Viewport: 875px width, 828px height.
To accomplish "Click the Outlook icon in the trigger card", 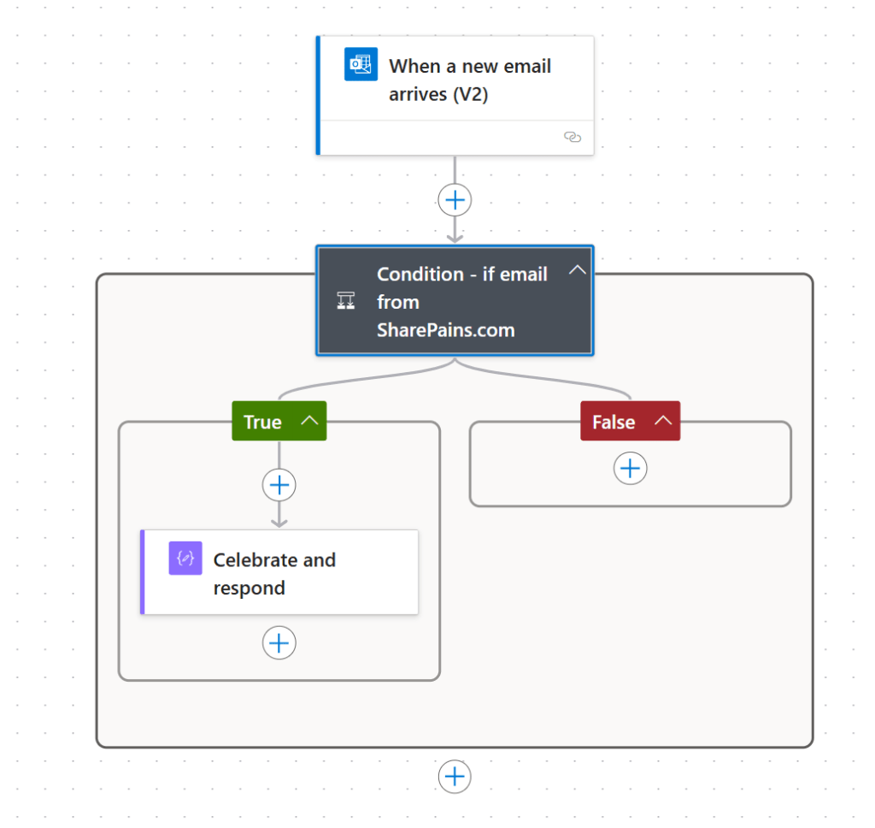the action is (x=361, y=64).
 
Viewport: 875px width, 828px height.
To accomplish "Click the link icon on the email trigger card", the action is (x=573, y=137).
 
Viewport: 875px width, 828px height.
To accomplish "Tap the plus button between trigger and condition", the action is (x=455, y=200).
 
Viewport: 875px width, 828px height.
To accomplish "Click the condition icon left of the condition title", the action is (x=346, y=300).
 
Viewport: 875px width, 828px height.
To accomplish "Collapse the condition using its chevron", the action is (x=578, y=270).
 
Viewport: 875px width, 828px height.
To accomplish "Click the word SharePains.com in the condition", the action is (x=446, y=330).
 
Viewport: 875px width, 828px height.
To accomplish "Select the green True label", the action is (x=263, y=422).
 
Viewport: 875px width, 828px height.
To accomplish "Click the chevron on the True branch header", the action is (x=309, y=421).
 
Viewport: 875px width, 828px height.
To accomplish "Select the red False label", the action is (x=614, y=422).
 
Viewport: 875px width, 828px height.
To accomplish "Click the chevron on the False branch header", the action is (x=663, y=421).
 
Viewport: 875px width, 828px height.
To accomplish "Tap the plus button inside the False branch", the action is (x=630, y=468).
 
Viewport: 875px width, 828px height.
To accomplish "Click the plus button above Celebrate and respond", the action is (x=279, y=485).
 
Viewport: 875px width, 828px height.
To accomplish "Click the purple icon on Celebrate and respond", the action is (x=185, y=559).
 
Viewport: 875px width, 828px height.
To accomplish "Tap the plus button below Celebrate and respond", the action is (x=279, y=643).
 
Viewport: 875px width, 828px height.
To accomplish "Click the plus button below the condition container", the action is (x=455, y=777).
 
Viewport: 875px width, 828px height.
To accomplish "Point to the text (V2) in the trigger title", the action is (x=471, y=94).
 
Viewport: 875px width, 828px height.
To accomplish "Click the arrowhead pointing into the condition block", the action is (x=455, y=239).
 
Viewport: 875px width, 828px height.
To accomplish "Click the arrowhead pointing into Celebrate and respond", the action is (x=279, y=523).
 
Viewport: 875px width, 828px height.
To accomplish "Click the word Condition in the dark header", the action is (x=420, y=275).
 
